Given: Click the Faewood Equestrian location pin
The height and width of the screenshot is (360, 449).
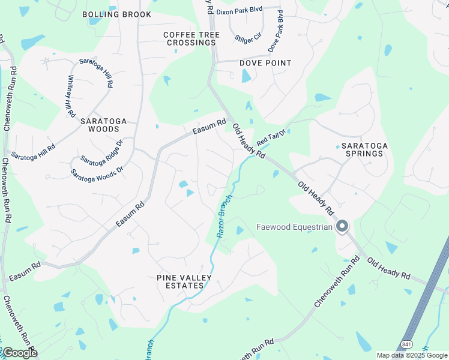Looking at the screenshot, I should (x=342, y=226).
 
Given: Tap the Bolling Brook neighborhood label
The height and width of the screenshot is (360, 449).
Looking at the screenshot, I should (x=116, y=14).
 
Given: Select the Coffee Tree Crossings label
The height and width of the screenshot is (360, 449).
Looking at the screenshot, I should (x=191, y=39).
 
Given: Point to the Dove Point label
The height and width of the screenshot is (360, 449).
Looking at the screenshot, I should (x=265, y=63).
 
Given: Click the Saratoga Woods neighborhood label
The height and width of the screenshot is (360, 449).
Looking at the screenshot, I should (x=104, y=125).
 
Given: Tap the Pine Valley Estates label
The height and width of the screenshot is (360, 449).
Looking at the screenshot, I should (x=180, y=281).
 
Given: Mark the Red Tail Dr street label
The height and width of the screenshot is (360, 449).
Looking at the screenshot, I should (x=269, y=139).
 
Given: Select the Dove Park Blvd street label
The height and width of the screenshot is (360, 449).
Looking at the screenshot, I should (x=276, y=30).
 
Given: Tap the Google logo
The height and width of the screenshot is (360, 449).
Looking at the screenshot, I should (x=20, y=353).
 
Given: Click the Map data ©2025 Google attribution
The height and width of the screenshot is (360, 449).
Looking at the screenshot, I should (x=412, y=355).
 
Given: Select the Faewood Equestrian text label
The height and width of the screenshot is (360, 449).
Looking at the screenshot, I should (x=294, y=227).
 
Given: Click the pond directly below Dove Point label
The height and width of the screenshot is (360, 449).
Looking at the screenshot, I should (x=246, y=76).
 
